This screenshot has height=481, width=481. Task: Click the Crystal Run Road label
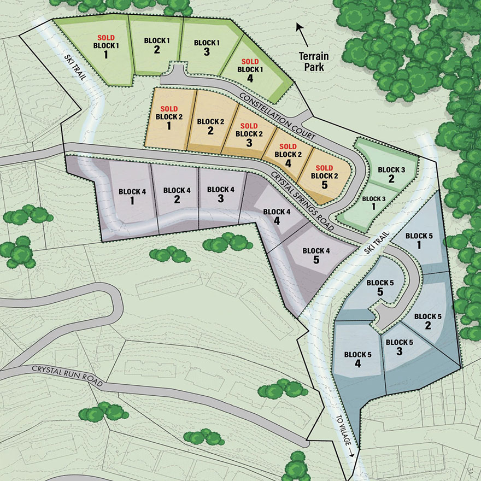click(x=67, y=376)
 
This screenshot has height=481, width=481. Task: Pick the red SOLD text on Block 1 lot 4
click(x=250, y=61)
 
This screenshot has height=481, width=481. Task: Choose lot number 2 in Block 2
click(x=210, y=131)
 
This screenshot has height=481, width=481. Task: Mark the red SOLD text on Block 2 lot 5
click(x=324, y=167)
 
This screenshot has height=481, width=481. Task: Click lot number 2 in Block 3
click(x=391, y=179)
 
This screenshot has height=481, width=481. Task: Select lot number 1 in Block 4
click(x=132, y=200)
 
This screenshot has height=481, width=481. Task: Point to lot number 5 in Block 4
click(x=316, y=260)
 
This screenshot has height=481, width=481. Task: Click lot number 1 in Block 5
click(x=419, y=245)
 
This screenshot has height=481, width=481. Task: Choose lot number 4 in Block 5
click(x=357, y=363)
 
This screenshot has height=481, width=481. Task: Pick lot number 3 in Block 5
click(x=399, y=351)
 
